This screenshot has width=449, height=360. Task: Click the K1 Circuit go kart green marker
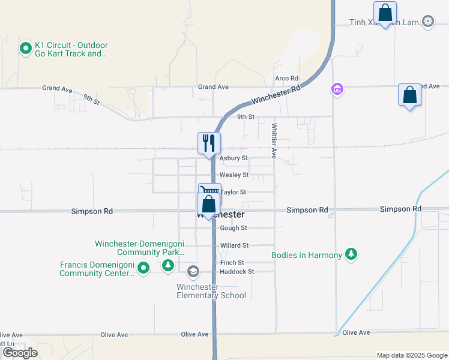tap(26, 48)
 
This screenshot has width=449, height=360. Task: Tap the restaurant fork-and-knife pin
tap(209, 143)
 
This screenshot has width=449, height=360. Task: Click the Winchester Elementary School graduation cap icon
tap(193, 272)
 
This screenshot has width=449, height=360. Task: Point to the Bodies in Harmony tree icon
tap(352, 255)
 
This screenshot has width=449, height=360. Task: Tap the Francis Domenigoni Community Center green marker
tap(143, 268)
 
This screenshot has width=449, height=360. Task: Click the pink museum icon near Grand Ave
tap(337, 90)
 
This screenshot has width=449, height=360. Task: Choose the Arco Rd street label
tap(286, 79)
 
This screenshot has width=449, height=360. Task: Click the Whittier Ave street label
tap(274, 141)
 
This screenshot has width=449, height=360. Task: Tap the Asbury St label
tap(234, 158)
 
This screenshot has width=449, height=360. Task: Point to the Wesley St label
tap(234, 175)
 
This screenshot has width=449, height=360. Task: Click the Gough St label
tap(234, 228)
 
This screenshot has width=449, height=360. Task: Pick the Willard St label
tap(234, 245)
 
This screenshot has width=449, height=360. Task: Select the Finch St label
tap(232, 263)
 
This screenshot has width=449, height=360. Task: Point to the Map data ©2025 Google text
tap(411, 355)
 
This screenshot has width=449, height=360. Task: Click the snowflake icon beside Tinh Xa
tap(428, 23)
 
